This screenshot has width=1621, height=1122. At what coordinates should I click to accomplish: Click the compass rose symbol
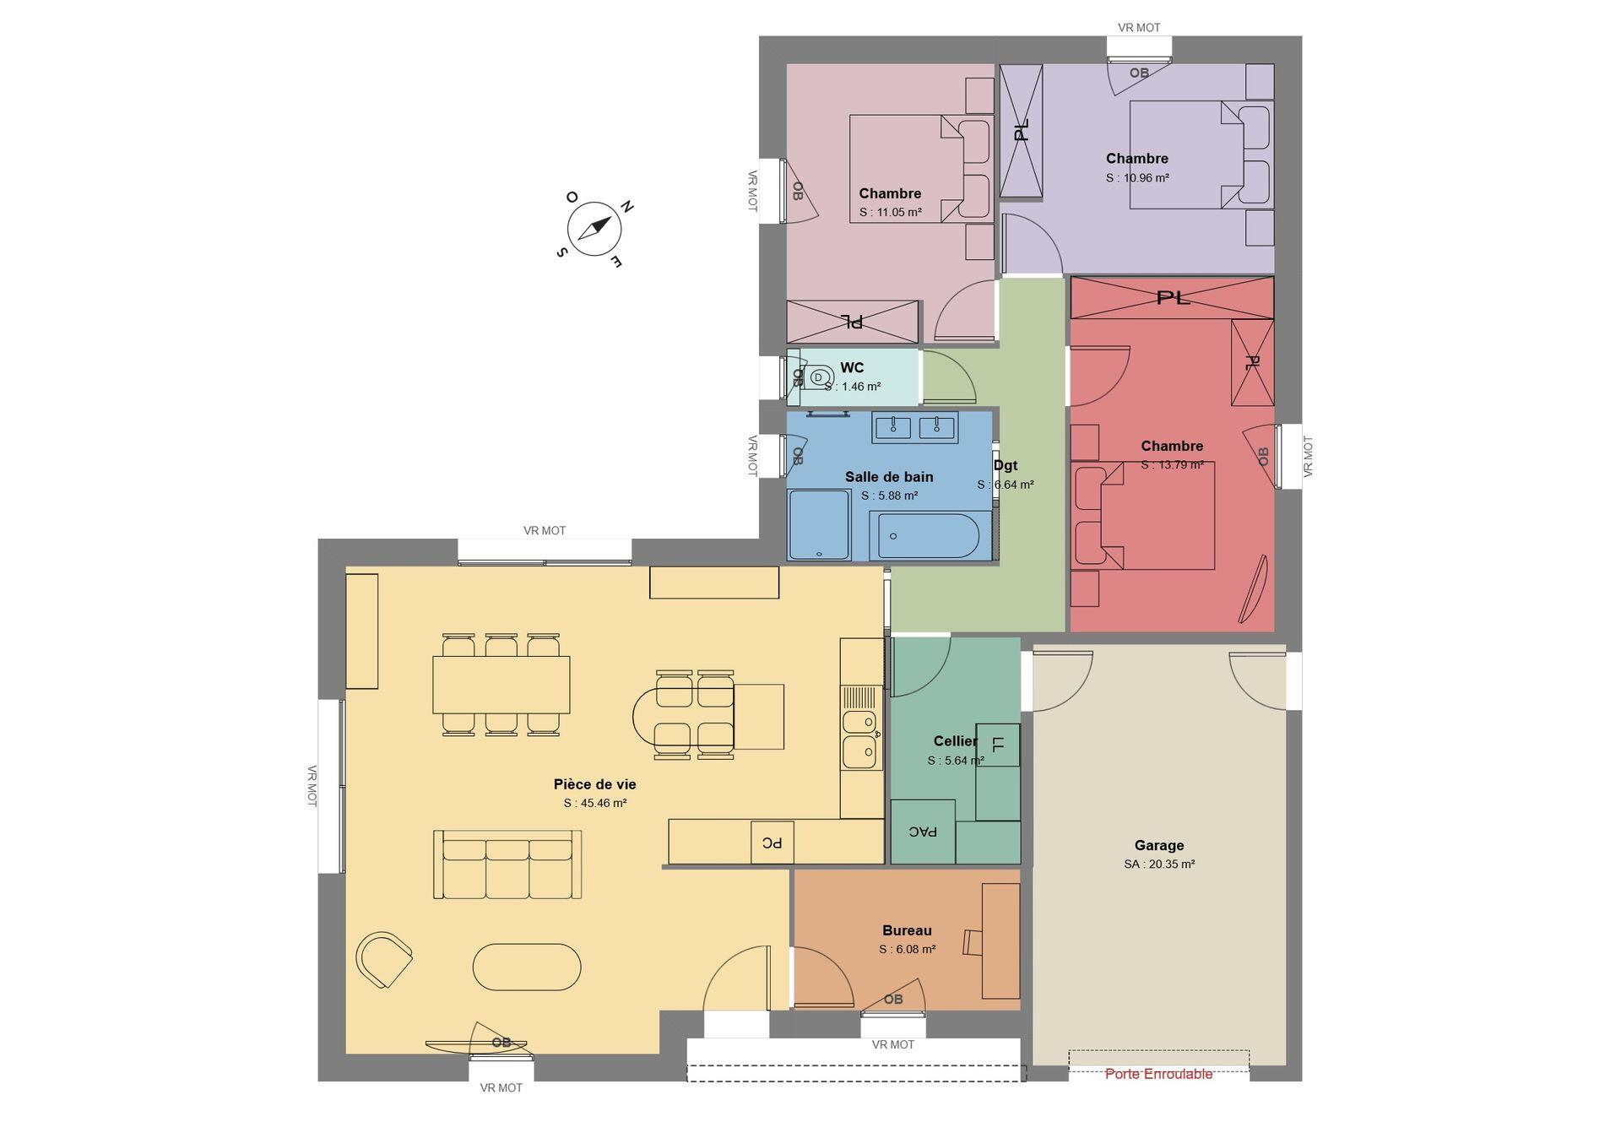(x=594, y=228)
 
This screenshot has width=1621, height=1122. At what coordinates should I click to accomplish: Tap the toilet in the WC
(x=815, y=377)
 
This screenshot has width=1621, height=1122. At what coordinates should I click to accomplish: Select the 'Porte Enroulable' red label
(x=1158, y=1074)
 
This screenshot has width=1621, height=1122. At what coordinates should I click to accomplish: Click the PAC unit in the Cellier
(x=923, y=832)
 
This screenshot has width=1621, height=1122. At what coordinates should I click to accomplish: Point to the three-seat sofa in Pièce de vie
(x=507, y=864)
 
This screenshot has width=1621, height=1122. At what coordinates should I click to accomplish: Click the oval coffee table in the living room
(x=527, y=967)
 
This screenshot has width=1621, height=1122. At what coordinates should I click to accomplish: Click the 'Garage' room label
(x=1159, y=845)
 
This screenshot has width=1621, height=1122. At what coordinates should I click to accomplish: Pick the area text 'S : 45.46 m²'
(x=595, y=804)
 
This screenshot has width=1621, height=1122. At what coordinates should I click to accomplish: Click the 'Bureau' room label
(x=907, y=930)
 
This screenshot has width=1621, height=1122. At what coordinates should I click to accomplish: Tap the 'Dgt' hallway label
(x=1006, y=465)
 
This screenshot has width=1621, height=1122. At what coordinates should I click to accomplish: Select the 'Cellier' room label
(x=955, y=741)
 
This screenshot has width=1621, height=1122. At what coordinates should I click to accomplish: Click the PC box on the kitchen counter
(x=773, y=843)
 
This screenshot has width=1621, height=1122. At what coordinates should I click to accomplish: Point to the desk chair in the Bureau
(x=973, y=942)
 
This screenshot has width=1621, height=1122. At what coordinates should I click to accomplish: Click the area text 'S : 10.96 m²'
(x=1137, y=178)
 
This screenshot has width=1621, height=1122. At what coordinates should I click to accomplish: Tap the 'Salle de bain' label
(x=889, y=477)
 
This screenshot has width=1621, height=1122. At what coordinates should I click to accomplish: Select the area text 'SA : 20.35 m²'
(x=1159, y=865)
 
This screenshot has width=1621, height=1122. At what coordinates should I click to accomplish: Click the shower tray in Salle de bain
(x=819, y=524)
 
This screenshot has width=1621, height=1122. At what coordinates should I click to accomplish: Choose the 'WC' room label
(x=852, y=368)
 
